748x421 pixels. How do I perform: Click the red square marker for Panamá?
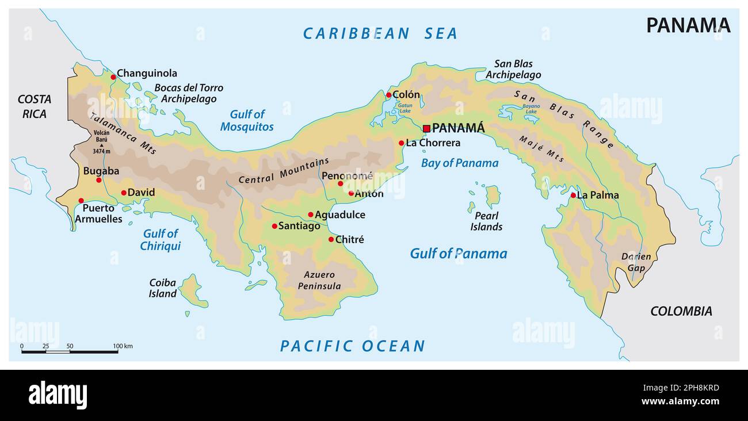(426, 128)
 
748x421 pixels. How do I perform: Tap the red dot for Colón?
(388, 95)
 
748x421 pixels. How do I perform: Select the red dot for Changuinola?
(113, 74)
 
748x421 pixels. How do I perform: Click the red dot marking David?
(124, 193)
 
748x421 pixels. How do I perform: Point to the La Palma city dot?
(573, 196)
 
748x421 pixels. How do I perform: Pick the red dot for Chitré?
(331, 239)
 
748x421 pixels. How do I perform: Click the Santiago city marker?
(274, 226)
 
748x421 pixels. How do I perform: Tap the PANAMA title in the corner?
(688, 25)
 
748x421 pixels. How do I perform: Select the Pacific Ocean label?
(352, 346)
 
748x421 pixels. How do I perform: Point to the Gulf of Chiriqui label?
(161, 240)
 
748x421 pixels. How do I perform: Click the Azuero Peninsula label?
(319, 280)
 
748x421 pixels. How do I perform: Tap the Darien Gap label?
(636, 262)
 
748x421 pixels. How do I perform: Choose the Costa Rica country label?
(35, 106)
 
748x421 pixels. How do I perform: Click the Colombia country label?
(681, 311)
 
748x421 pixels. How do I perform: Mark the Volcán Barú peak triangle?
(101, 145)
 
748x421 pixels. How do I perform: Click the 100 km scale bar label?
(123, 346)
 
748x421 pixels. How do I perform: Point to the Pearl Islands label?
(486, 221)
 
